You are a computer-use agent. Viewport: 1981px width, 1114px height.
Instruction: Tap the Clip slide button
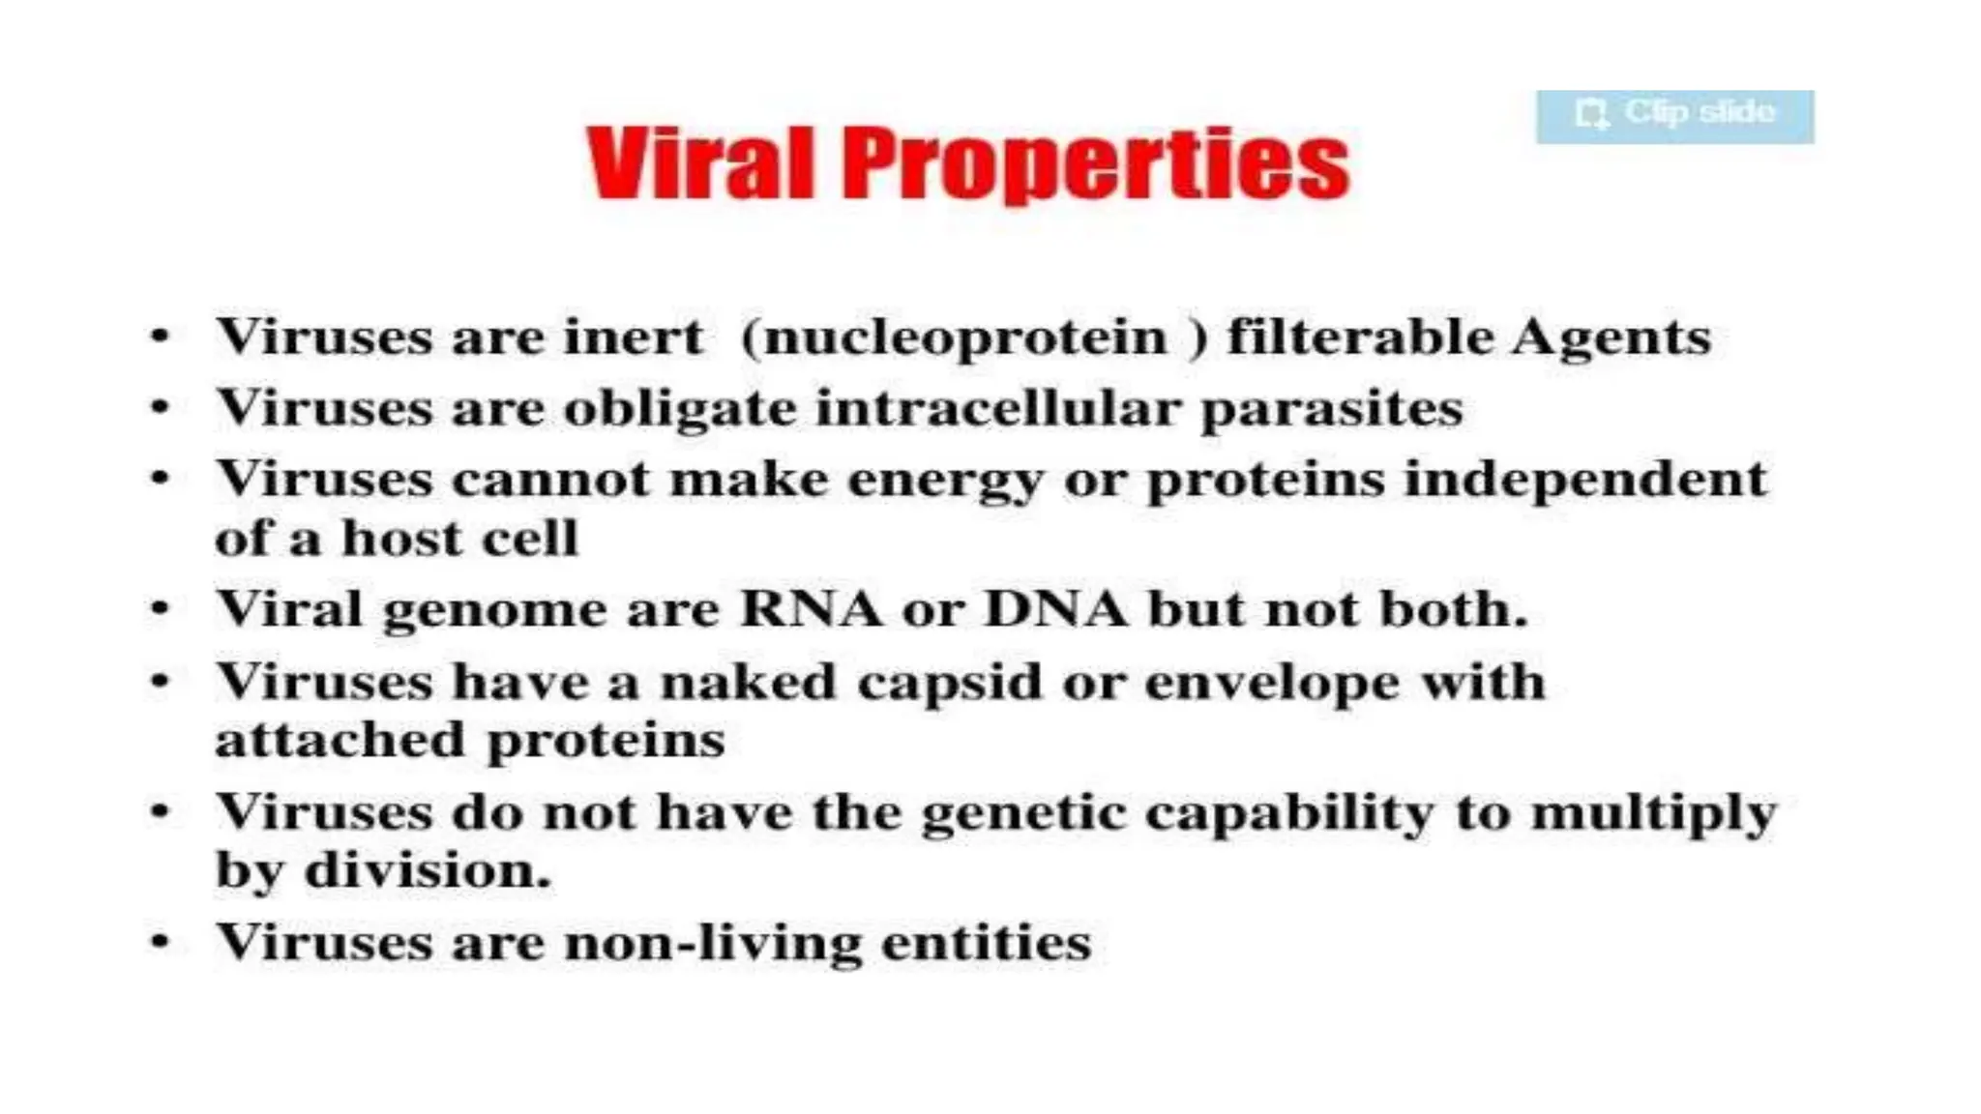1674,116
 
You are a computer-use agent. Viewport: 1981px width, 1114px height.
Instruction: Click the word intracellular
997,407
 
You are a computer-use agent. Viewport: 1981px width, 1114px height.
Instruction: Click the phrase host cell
459,538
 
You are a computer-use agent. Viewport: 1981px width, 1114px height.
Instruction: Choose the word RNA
811,609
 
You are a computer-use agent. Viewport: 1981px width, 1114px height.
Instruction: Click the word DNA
1055,609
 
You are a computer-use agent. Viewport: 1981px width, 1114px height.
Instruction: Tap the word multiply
1653,813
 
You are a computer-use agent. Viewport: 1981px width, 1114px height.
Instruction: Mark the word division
427,870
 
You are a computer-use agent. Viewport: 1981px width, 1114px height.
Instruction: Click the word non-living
712,943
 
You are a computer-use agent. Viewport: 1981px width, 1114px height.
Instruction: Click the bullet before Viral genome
161,609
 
